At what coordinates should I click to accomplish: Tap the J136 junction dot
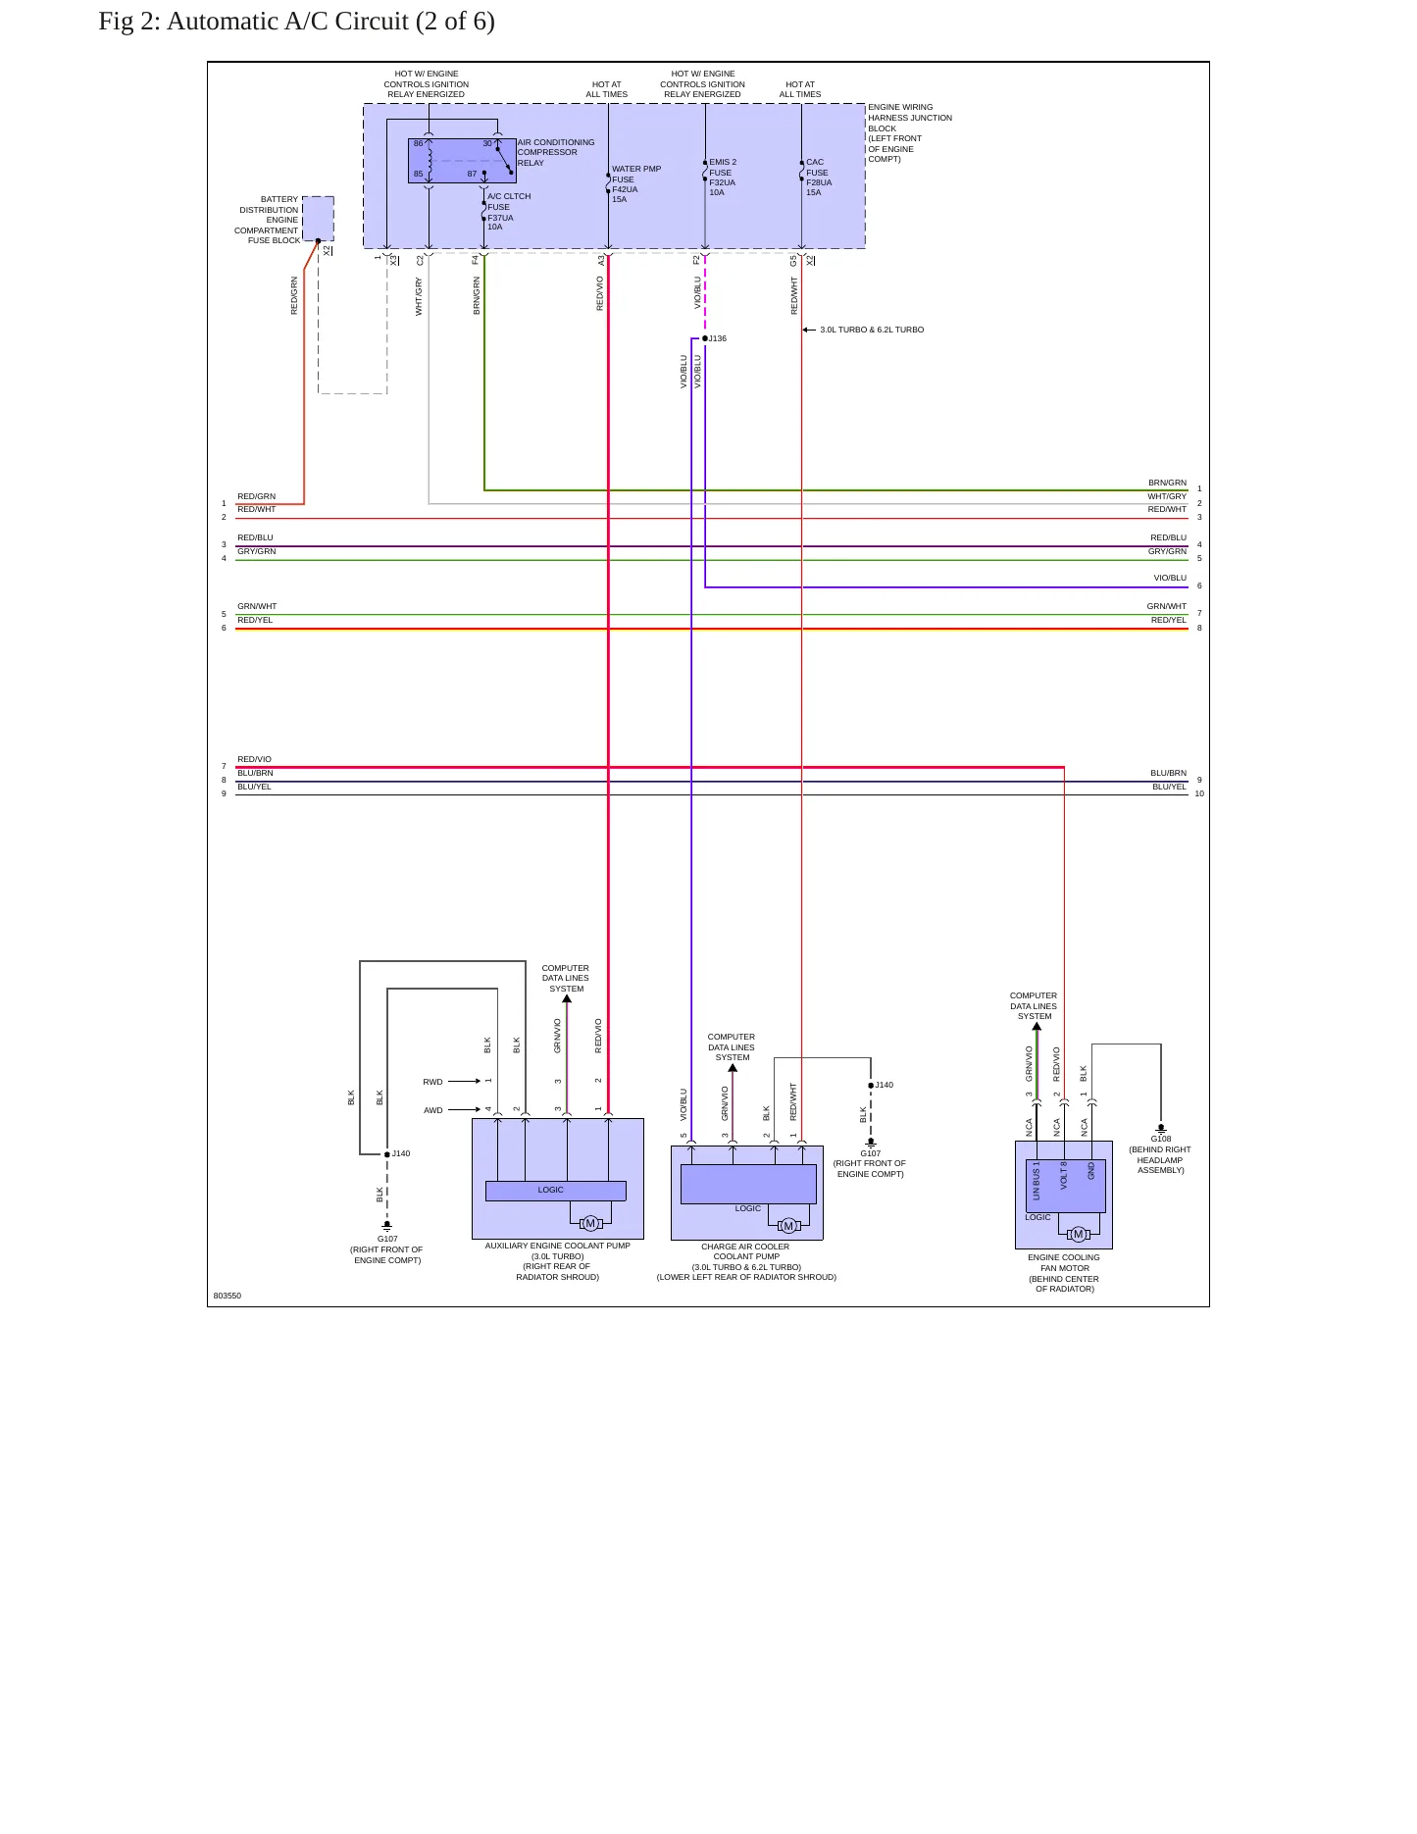705,338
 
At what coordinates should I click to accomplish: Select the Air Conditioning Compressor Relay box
462,161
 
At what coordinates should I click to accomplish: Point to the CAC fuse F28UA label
819,178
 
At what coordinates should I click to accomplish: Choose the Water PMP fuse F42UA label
636,184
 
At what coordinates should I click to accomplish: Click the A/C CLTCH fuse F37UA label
509,212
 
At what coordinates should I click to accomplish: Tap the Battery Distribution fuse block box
318,219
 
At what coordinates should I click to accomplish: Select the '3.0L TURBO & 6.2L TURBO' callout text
872,330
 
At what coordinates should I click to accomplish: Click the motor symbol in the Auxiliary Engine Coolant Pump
590,1223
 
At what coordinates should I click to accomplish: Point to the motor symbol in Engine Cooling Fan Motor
1079,1234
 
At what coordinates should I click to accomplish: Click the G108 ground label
1161,1139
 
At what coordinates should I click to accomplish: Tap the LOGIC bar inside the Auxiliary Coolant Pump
556,1191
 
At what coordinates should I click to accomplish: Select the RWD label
432,1082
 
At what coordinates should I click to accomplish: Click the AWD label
432,1110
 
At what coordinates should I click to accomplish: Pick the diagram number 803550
228,1296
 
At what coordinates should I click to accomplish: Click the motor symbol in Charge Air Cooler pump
788,1226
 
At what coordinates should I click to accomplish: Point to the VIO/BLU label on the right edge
1170,578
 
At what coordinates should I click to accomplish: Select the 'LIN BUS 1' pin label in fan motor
1037,1181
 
